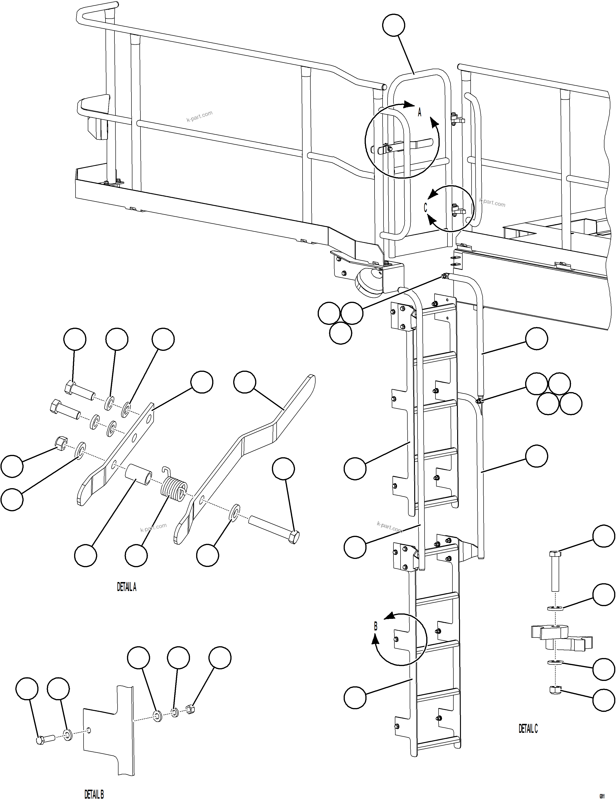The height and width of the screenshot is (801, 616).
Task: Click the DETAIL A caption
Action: pyautogui.click(x=127, y=587)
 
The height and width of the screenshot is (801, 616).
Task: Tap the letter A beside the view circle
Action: pyautogui.click(x=420, y=112)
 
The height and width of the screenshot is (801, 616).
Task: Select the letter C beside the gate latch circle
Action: pyautogui.click(x=425, y=207)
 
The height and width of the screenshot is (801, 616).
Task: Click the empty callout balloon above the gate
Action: pyautogui.click(x=393, y=25)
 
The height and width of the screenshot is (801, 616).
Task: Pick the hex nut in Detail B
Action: pyautogui.click(x=190, y=710)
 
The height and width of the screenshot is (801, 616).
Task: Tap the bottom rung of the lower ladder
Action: pyautogui.click(x=439, y=746)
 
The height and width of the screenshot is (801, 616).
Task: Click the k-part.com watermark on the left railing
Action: pyautogui.click(x=199, y=116)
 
